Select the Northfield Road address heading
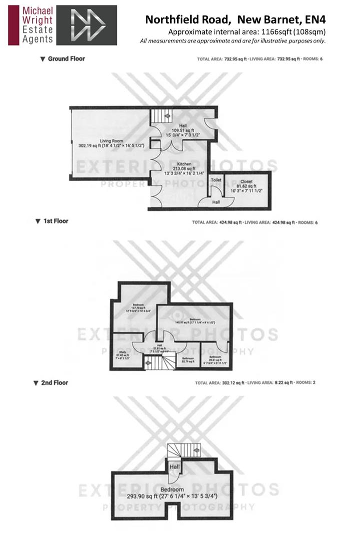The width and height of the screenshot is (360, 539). [x=235, y=20]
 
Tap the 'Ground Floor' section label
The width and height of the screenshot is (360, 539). [x=66, y=59]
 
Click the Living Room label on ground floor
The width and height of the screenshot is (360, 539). [x=111, y=141]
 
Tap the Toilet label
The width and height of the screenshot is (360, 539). [x=216, y=180]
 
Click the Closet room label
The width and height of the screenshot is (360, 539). [x=246, y=182]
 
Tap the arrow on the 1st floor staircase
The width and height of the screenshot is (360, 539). [x=147, y=362]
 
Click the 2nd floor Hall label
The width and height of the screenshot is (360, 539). [x=174, y=467]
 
